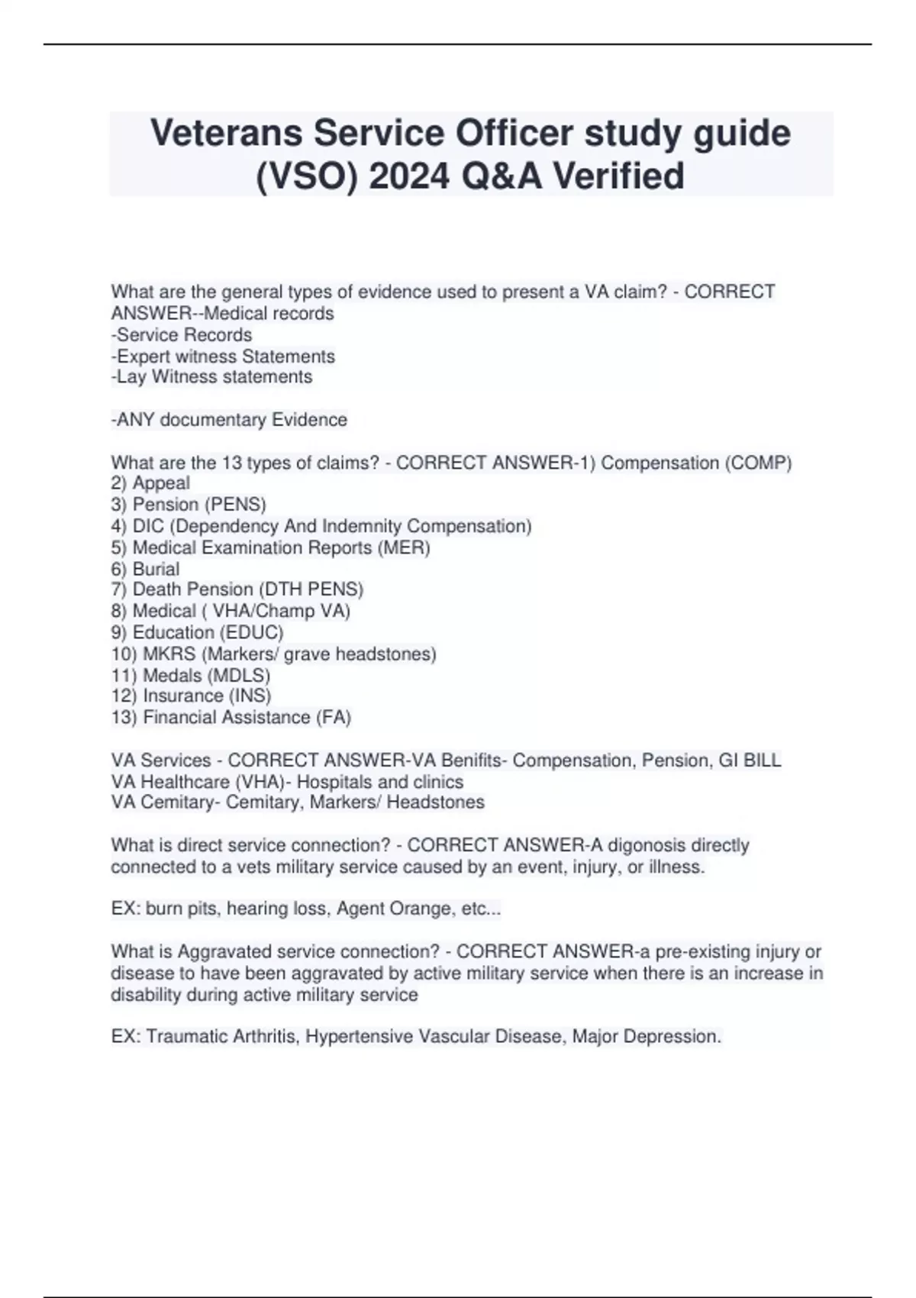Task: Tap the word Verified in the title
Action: [x=618, y=176]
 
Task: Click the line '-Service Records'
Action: [x=182, y=335]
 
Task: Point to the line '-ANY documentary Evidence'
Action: [x=229, y=420]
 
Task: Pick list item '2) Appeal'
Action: [x=150, y=483]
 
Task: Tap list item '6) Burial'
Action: [x=145, y=569]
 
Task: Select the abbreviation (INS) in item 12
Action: [x=250, y=696]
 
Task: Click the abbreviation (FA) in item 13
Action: [x=334, y=717]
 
